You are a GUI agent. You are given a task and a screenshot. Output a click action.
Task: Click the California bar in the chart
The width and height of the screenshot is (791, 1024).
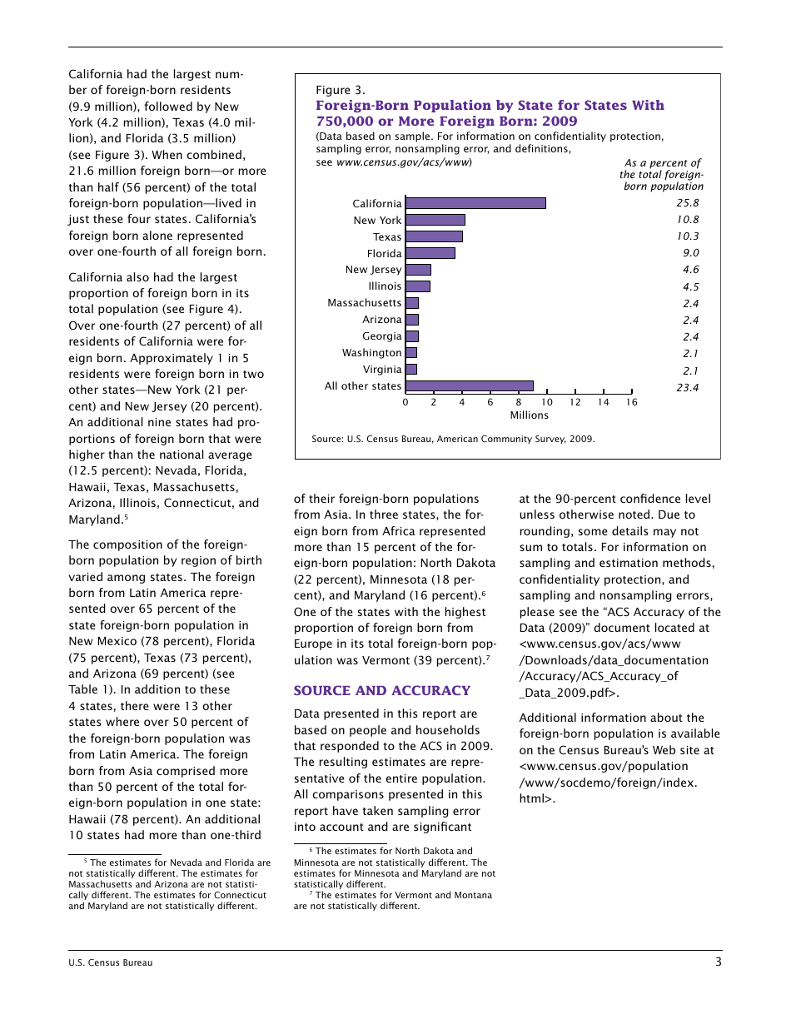475,203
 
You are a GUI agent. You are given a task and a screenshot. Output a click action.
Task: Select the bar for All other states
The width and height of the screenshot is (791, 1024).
469,386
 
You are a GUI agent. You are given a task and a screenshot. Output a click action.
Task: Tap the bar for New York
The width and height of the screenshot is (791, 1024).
435,220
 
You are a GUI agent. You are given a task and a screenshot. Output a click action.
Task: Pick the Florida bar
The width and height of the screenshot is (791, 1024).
430,253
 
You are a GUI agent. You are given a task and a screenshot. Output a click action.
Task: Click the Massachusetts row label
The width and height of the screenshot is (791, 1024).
364,303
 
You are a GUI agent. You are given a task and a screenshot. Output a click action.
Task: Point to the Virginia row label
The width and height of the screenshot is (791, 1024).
381,370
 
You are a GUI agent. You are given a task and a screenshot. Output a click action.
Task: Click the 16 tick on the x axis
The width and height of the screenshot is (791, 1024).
631,402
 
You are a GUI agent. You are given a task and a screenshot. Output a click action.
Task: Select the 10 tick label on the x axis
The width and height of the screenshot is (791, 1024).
546,402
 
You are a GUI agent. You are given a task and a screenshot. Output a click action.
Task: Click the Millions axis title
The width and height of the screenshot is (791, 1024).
529,415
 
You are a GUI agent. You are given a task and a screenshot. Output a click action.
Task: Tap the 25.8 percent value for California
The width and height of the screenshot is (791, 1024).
687,203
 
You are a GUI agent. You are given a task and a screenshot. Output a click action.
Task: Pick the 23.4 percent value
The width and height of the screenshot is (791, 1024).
687,387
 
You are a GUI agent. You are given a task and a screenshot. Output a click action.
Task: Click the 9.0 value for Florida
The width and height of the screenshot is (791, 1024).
690,253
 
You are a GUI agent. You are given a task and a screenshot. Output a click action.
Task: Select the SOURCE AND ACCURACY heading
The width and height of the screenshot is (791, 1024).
381,691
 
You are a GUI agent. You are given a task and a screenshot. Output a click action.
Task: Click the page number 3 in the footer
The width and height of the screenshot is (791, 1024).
718,962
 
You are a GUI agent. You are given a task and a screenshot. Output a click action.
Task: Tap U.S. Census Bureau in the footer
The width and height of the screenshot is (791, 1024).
110,963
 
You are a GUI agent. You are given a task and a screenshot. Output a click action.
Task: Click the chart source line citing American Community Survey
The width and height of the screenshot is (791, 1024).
453,439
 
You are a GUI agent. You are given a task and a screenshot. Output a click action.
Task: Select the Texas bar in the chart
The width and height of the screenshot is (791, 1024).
433,236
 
